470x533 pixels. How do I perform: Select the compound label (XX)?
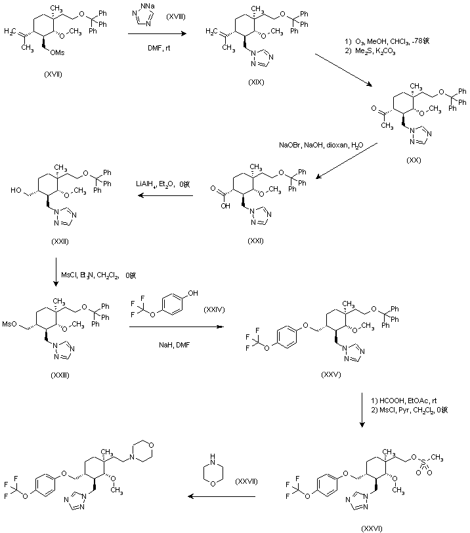(x=416, y=159)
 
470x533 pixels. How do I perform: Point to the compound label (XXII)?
(x=60, y=241)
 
